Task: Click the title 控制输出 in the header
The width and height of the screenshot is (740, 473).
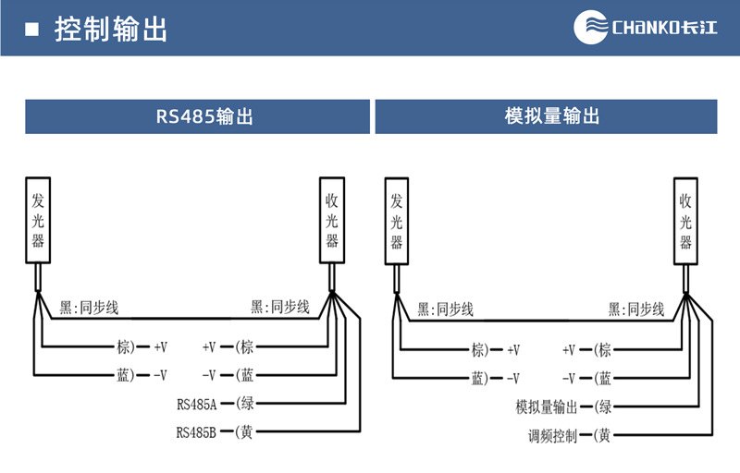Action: [x=111, y=29]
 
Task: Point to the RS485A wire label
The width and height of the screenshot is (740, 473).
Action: [x=196, y=404]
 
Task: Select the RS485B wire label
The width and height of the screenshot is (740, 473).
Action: [x=196, y=431]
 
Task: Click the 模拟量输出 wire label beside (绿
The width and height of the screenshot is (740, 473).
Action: [x=547, y=407]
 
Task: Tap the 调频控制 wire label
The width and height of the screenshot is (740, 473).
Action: [x=552, y=435]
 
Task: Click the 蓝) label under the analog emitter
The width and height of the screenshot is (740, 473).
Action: [x=481, y=378]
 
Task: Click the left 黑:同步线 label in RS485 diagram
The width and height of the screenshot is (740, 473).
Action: [x=89, y=307]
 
